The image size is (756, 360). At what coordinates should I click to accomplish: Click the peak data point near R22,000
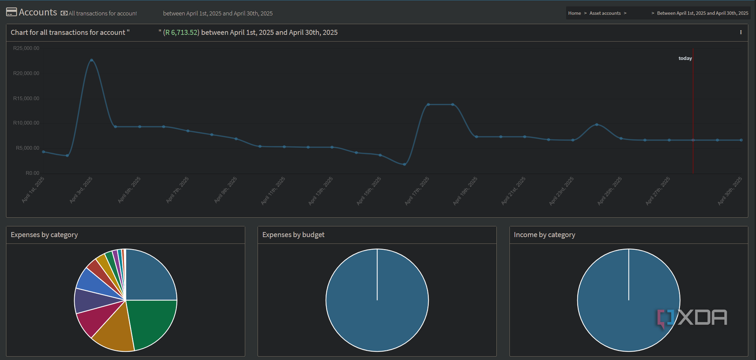pos(92,60)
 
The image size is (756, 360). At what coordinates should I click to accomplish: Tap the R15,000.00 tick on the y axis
pos(26,98)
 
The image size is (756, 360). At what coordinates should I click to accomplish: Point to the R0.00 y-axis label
pos(32,173)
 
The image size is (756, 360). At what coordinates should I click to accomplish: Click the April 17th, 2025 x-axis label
pos(417,191)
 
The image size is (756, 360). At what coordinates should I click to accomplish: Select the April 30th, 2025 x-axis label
pos(729,191)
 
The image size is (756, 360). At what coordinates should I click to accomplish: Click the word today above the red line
pos(685,58)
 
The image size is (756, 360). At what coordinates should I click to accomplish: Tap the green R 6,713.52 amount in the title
pos(181,33)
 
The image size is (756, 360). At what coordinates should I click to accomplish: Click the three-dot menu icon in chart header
pos(740,33)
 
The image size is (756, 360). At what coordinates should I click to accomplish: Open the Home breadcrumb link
pos(574,13)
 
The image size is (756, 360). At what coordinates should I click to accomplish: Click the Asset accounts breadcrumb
pos(605,13)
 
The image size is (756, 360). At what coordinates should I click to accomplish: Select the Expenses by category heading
pos(44,235)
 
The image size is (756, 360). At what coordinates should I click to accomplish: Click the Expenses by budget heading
pos(293,235)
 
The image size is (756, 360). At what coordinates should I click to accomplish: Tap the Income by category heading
pos(544,235)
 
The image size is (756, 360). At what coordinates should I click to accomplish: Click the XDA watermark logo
pos(692,317)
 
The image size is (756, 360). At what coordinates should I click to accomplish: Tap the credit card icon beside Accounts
pos(11,12)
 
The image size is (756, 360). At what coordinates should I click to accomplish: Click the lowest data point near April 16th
pos(405,164)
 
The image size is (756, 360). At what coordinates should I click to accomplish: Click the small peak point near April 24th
pos(597,125)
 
